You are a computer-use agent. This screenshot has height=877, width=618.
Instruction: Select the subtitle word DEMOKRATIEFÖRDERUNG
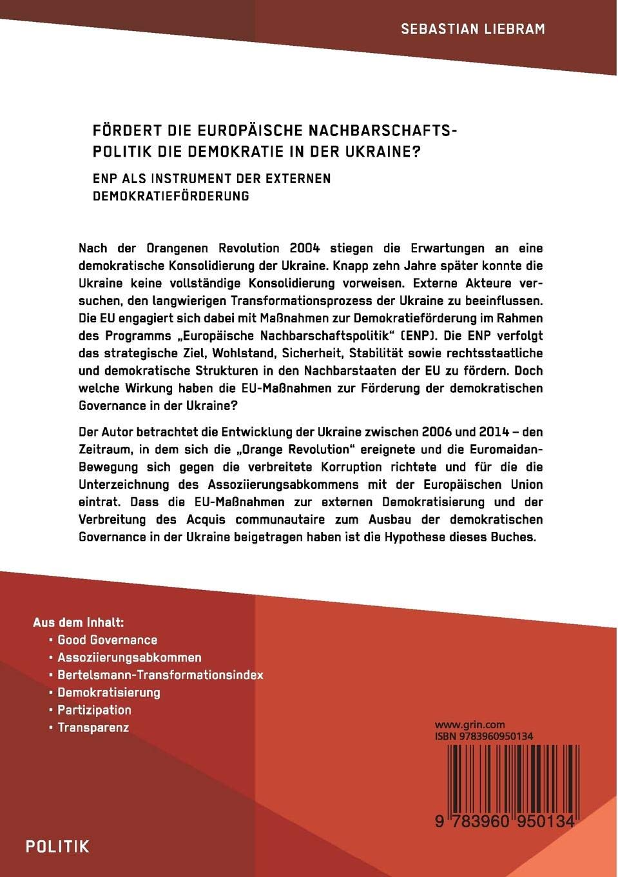coord(171,196)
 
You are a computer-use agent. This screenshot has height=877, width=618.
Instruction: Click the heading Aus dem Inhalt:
coord(78,622)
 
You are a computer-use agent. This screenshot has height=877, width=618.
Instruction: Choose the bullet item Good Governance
coord(108,640)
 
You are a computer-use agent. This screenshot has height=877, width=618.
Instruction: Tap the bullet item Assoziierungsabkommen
coord(130,658)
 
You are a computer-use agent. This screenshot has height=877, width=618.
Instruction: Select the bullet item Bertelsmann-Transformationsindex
coord(160,675)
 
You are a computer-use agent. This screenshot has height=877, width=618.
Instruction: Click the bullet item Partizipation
coord(95,710)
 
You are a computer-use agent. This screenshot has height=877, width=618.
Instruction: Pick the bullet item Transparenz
coord(93,727)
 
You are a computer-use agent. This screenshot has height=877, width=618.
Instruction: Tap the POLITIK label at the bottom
coord(57,847)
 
